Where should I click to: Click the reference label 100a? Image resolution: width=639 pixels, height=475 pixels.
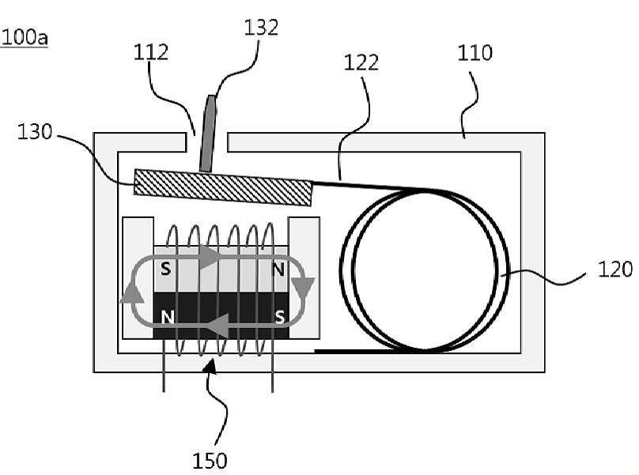point(25,37)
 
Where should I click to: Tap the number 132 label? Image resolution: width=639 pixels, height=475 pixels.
point(261,28)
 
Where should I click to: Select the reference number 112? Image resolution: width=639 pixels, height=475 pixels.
point(151,52)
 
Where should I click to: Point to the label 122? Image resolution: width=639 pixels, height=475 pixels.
point(361,62)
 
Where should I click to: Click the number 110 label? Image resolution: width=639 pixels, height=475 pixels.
point(475,53)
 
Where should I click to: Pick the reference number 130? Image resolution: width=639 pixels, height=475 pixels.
point(35,131)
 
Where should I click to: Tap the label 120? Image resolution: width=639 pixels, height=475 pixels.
point(615,270)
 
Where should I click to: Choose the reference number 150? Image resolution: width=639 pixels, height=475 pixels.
point(210,461)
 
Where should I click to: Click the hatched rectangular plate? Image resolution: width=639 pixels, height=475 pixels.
point(223,187)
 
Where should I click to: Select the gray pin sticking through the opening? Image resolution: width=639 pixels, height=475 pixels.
point(208,134)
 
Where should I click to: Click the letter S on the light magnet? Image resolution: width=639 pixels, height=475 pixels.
point(165,269)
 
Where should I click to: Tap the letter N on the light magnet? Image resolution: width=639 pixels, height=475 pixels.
point(278,270)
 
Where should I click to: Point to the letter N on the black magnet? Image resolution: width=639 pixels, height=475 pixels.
point(168,317)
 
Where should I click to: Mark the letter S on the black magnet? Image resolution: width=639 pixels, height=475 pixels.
point(280,316)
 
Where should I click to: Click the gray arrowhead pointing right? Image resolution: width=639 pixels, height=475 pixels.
point(210,257)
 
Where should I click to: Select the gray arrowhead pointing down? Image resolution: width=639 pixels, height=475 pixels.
point(304,288)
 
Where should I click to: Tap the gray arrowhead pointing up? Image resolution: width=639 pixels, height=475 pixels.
point(131,292)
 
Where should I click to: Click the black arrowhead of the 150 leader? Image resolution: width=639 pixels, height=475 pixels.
point(210,364)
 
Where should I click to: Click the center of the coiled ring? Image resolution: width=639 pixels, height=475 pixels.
point(424,270)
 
